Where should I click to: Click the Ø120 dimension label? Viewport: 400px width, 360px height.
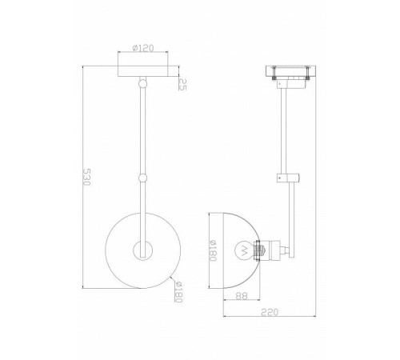(x=142, y=46)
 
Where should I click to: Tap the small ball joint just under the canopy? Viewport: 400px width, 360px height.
(x=142, y=82)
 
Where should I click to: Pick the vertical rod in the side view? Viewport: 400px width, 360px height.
(x=286, y=128)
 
